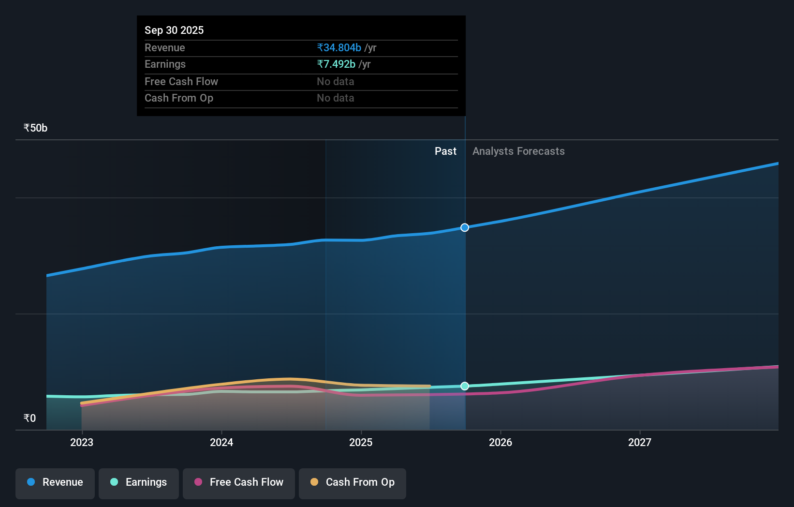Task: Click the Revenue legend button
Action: point(55,482)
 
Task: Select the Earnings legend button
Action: point(139,482)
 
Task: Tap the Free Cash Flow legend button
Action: point(239,482)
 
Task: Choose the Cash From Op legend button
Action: point(353,482)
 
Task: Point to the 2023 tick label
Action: point(82,442)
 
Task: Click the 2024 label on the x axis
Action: point(221,442)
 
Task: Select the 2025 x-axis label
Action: point(361,442)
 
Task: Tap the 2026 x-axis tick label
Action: point(500,442)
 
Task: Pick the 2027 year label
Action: point(640,442)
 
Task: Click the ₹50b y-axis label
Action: point(35,128)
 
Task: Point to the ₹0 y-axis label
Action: point(29,418)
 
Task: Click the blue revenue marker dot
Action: point(465,227)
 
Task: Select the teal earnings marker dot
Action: point(465,386)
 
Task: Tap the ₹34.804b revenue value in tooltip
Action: point(339,48)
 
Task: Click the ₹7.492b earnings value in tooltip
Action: point(336,64)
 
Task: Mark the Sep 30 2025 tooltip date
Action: point(174,30)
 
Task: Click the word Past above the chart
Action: point(445,151)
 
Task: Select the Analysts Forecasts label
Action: point(518,151)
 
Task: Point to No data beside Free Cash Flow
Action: point(335,82)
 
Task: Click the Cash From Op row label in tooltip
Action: point(179,98)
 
